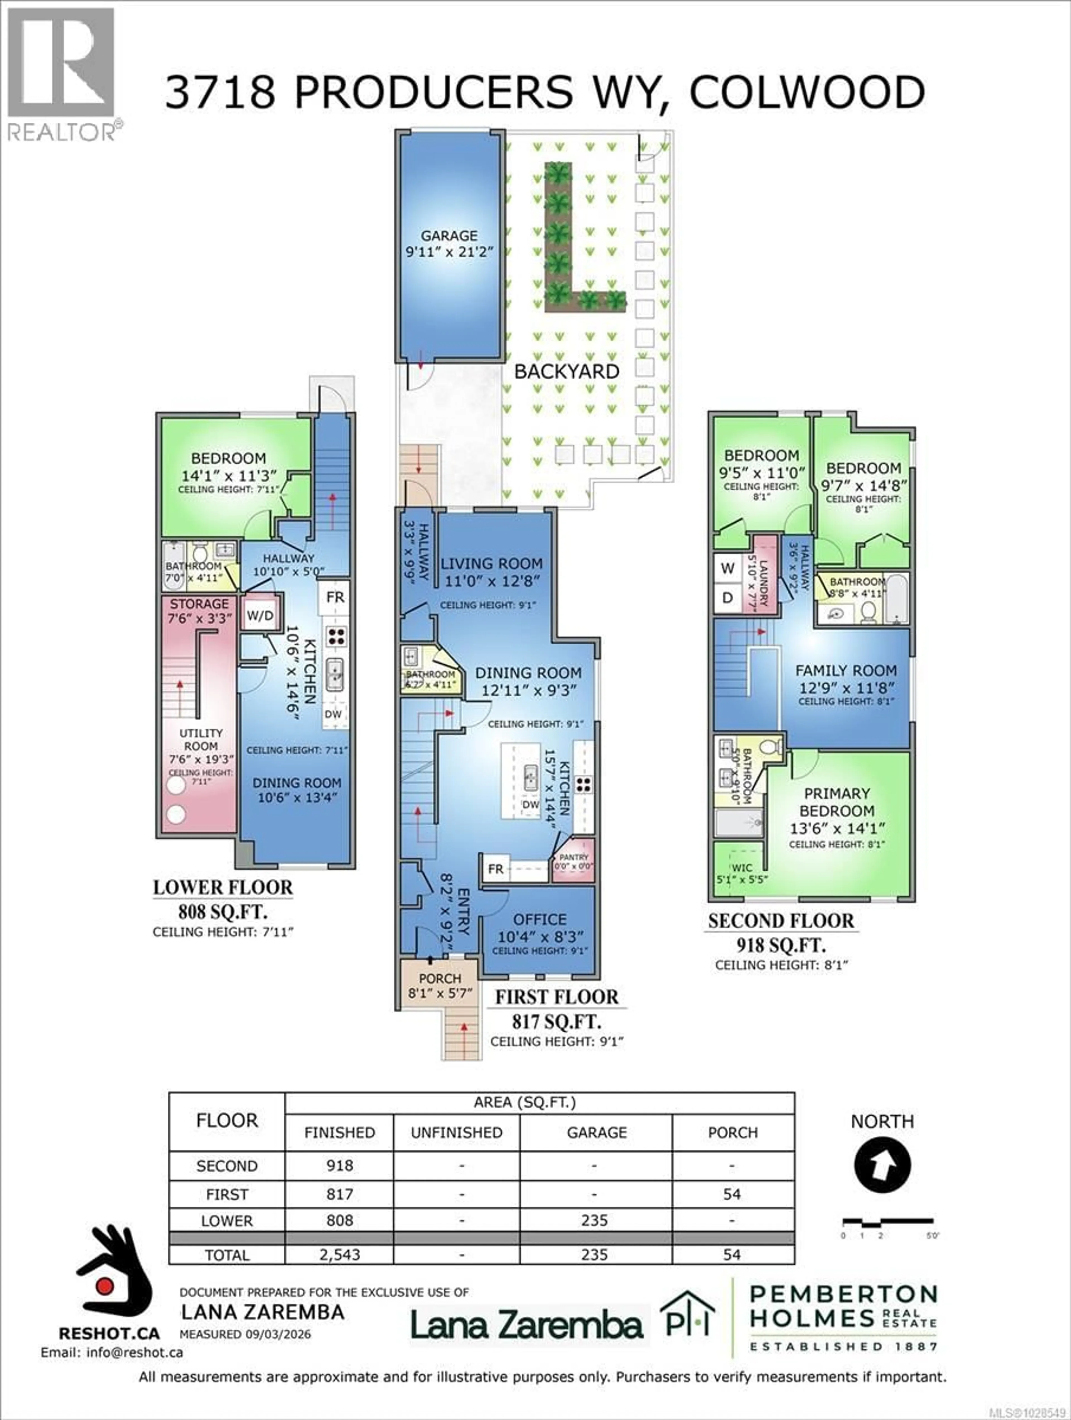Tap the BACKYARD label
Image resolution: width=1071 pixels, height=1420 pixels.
click(566, 371)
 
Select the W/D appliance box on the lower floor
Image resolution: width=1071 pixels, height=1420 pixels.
click(260, 616)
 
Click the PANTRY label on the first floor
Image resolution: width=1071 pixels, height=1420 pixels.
click(573, 857)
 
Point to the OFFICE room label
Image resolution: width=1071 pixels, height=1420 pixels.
click(539, 919)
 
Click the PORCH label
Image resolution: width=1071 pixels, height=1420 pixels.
click(440, 978)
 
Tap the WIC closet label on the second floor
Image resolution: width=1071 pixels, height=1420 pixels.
click(742, 867)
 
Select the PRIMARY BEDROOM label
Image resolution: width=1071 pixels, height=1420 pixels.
click(837, 802)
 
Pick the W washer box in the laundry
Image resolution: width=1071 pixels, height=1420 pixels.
click(727, 568)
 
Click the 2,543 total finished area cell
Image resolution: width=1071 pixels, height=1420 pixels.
click(340, 1254)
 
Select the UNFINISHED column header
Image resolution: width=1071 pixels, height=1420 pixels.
click(457, 1132)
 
